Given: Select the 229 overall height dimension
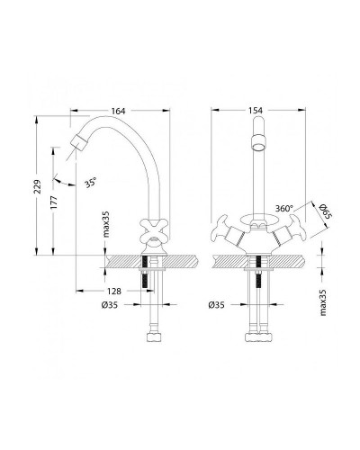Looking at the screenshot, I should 37,186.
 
